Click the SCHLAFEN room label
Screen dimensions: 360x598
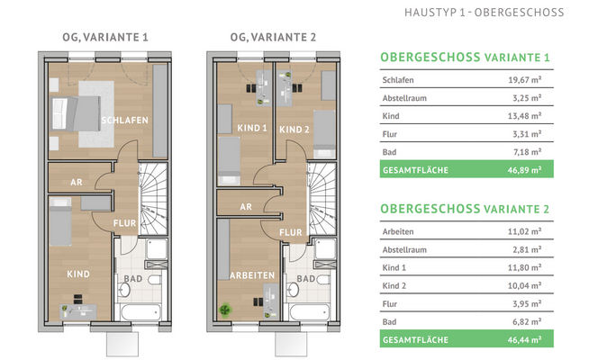[x=124, y=121]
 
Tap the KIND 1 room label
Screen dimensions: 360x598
[x=252, y=130]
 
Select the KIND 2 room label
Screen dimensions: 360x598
[x=294, y=130]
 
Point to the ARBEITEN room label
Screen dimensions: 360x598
[x=251, y=274]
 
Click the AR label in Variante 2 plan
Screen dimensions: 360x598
[x=245, y=205]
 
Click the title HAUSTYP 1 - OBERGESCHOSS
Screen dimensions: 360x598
[x=484, y=13]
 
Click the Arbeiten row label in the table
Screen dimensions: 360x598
[x=400, y=230]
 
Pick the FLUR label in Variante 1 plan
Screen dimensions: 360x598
[x=124, y=224]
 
